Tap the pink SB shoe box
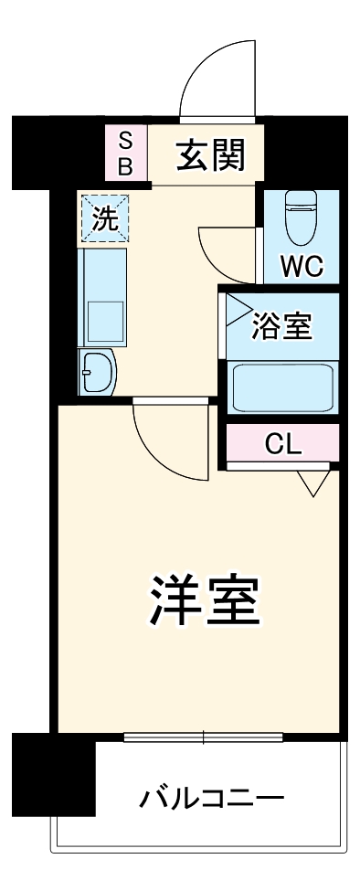(x=127, y=153)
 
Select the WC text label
(x=301, y=268)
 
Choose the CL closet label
(x=282, y=445)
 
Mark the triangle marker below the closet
(x=312, y=483)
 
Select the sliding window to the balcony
(x=203, y=737)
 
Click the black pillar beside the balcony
(x=54, y=773)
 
